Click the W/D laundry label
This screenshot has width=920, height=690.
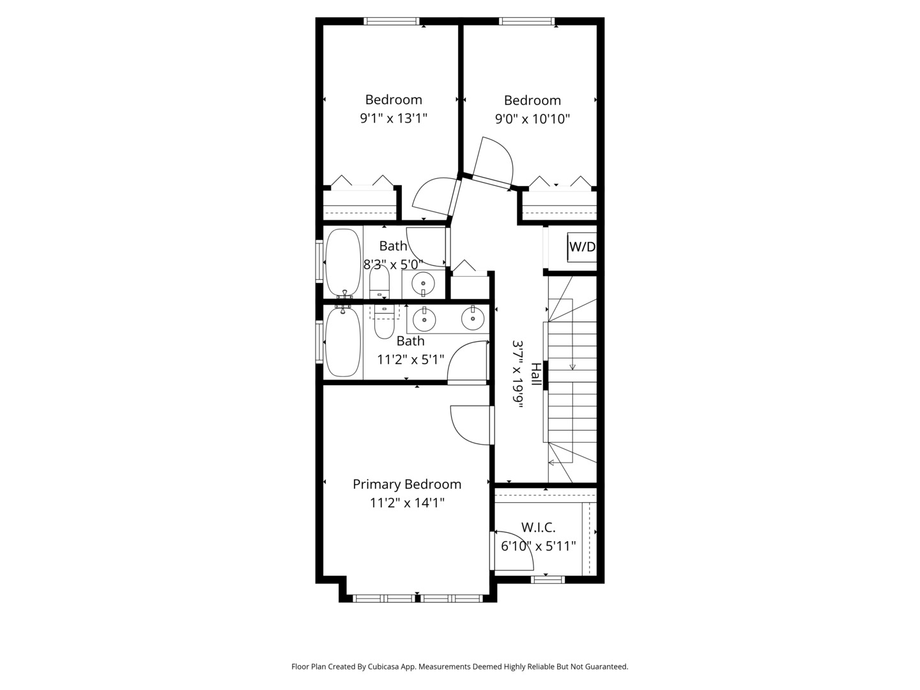[582, 247]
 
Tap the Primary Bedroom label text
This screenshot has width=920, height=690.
[406, 484]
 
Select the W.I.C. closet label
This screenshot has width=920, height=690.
[538, 527]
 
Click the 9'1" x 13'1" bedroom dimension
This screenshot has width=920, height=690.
[394, 118]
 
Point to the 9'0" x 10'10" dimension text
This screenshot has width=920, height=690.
[532, 119]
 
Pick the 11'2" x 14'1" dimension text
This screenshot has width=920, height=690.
[407, 502]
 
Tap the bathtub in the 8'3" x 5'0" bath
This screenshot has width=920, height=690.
[343, 262]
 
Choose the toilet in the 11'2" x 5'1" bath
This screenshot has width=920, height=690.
[384, 321]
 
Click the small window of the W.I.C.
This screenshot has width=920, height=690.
[548, 580]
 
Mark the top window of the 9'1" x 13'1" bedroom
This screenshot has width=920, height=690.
[392, 21]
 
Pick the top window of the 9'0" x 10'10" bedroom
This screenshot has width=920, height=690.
[527, 21]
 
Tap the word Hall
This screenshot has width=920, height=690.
[535, 374]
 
